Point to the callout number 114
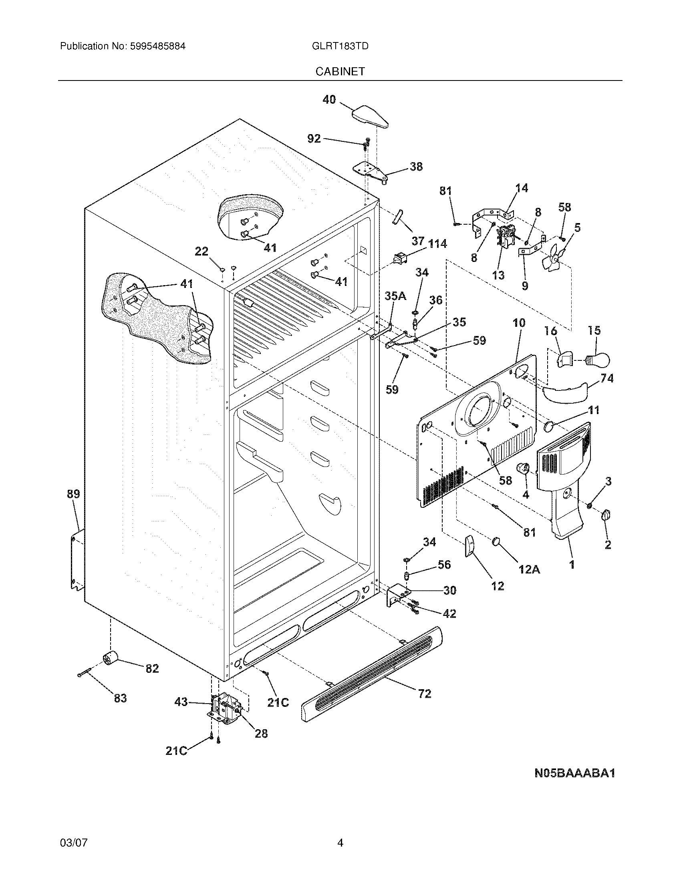tap(437, 243)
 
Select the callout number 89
tap(73, 494)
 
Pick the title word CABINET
tap(340, 71)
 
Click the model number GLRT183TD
tap(340, 46)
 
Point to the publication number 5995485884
tap(157, 46)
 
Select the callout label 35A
tap(395, 296)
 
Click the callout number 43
tap(181, 702)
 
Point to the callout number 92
tap(314, 139)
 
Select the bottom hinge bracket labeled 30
tap(397, 596)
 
